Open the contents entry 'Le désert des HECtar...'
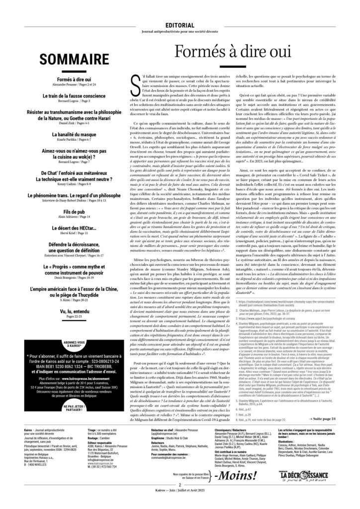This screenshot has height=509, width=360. pyautogui.click(x=67, y=198)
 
